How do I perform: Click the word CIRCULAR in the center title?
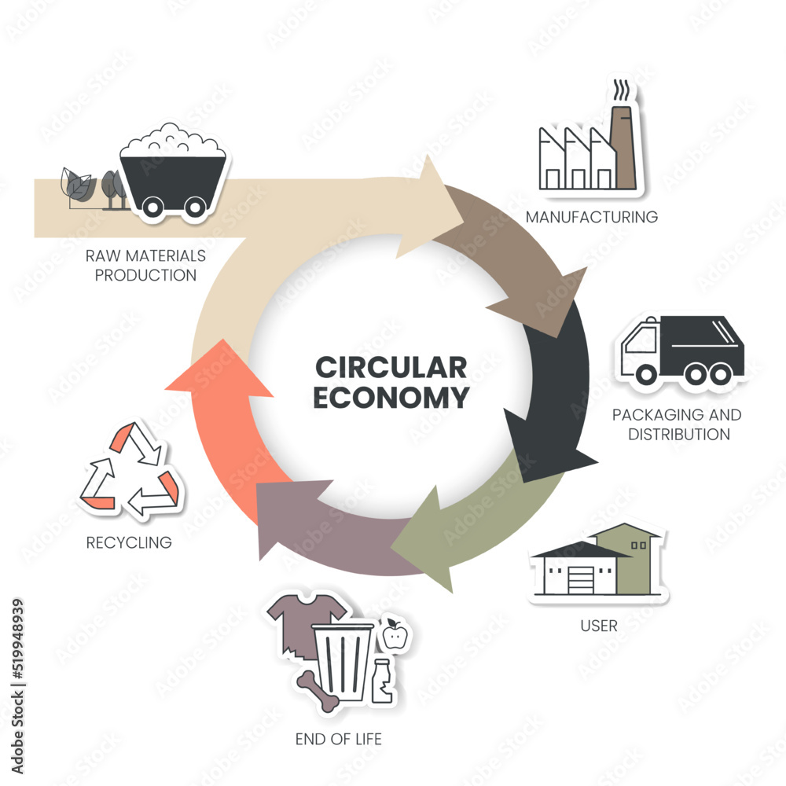tap(391, 367)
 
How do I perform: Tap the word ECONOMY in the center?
tap(391, 398)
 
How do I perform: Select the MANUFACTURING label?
tap(592, 216)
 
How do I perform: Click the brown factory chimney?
tap(625, 149)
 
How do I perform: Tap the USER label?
tap(599, 626)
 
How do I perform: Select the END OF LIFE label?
tap(339, 739)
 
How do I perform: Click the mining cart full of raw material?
tap(175, 169)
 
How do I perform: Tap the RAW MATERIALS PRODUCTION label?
tap(147, 266)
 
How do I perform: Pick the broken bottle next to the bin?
tap(383, 682)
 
